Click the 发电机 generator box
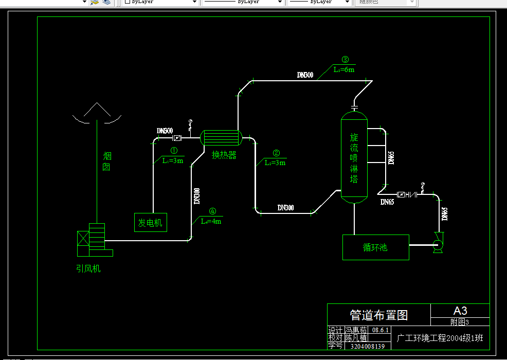tap(151, 222)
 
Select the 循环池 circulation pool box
tap(375, 247)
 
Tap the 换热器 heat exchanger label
tap(224, 155)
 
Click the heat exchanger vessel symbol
tap(221, 137)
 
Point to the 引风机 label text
tap(88, 268)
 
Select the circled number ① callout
tap(174, 151)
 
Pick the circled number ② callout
tap(276, 153)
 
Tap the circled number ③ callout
tap(345, 60)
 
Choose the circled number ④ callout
tap(212, 211)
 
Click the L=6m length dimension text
tap(343, 69)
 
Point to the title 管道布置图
tap(378, 315)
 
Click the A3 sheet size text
tap(460, 311)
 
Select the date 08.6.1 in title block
tap(381, 330)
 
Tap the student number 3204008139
tap(367, 346)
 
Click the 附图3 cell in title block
tap(460, 322)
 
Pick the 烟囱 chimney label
tap(107, 161)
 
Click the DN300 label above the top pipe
tap(305, 75)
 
